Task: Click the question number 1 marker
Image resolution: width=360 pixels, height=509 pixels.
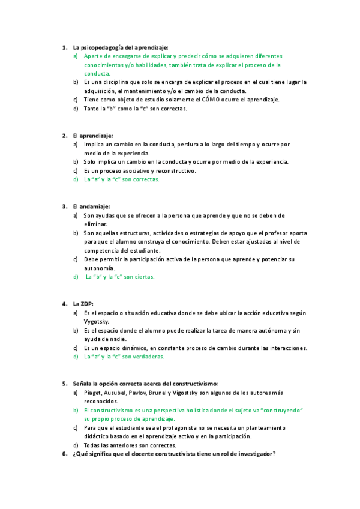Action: [x=64, y=47]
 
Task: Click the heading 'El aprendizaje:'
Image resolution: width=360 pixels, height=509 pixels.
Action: [x=92, y=136]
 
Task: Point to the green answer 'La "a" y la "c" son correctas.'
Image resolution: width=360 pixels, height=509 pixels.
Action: [x=122, y=179]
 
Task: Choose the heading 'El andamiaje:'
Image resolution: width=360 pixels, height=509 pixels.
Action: [x=91, y=206]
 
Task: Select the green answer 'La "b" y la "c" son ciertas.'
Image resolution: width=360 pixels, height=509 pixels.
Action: [x=120, y=277]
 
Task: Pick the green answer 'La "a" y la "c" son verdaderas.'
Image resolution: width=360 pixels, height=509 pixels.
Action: [x=124, y=356]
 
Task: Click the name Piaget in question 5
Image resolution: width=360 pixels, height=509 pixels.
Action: [x=92, y=392]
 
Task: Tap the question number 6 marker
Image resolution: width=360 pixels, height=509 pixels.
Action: [x=64, y=454]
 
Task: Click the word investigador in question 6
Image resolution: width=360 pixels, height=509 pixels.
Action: [x=255, y=454]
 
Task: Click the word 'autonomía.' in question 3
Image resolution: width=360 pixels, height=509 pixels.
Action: [x=100, y=268]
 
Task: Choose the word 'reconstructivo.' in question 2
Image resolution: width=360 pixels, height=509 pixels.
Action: [x=174, y=170]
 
